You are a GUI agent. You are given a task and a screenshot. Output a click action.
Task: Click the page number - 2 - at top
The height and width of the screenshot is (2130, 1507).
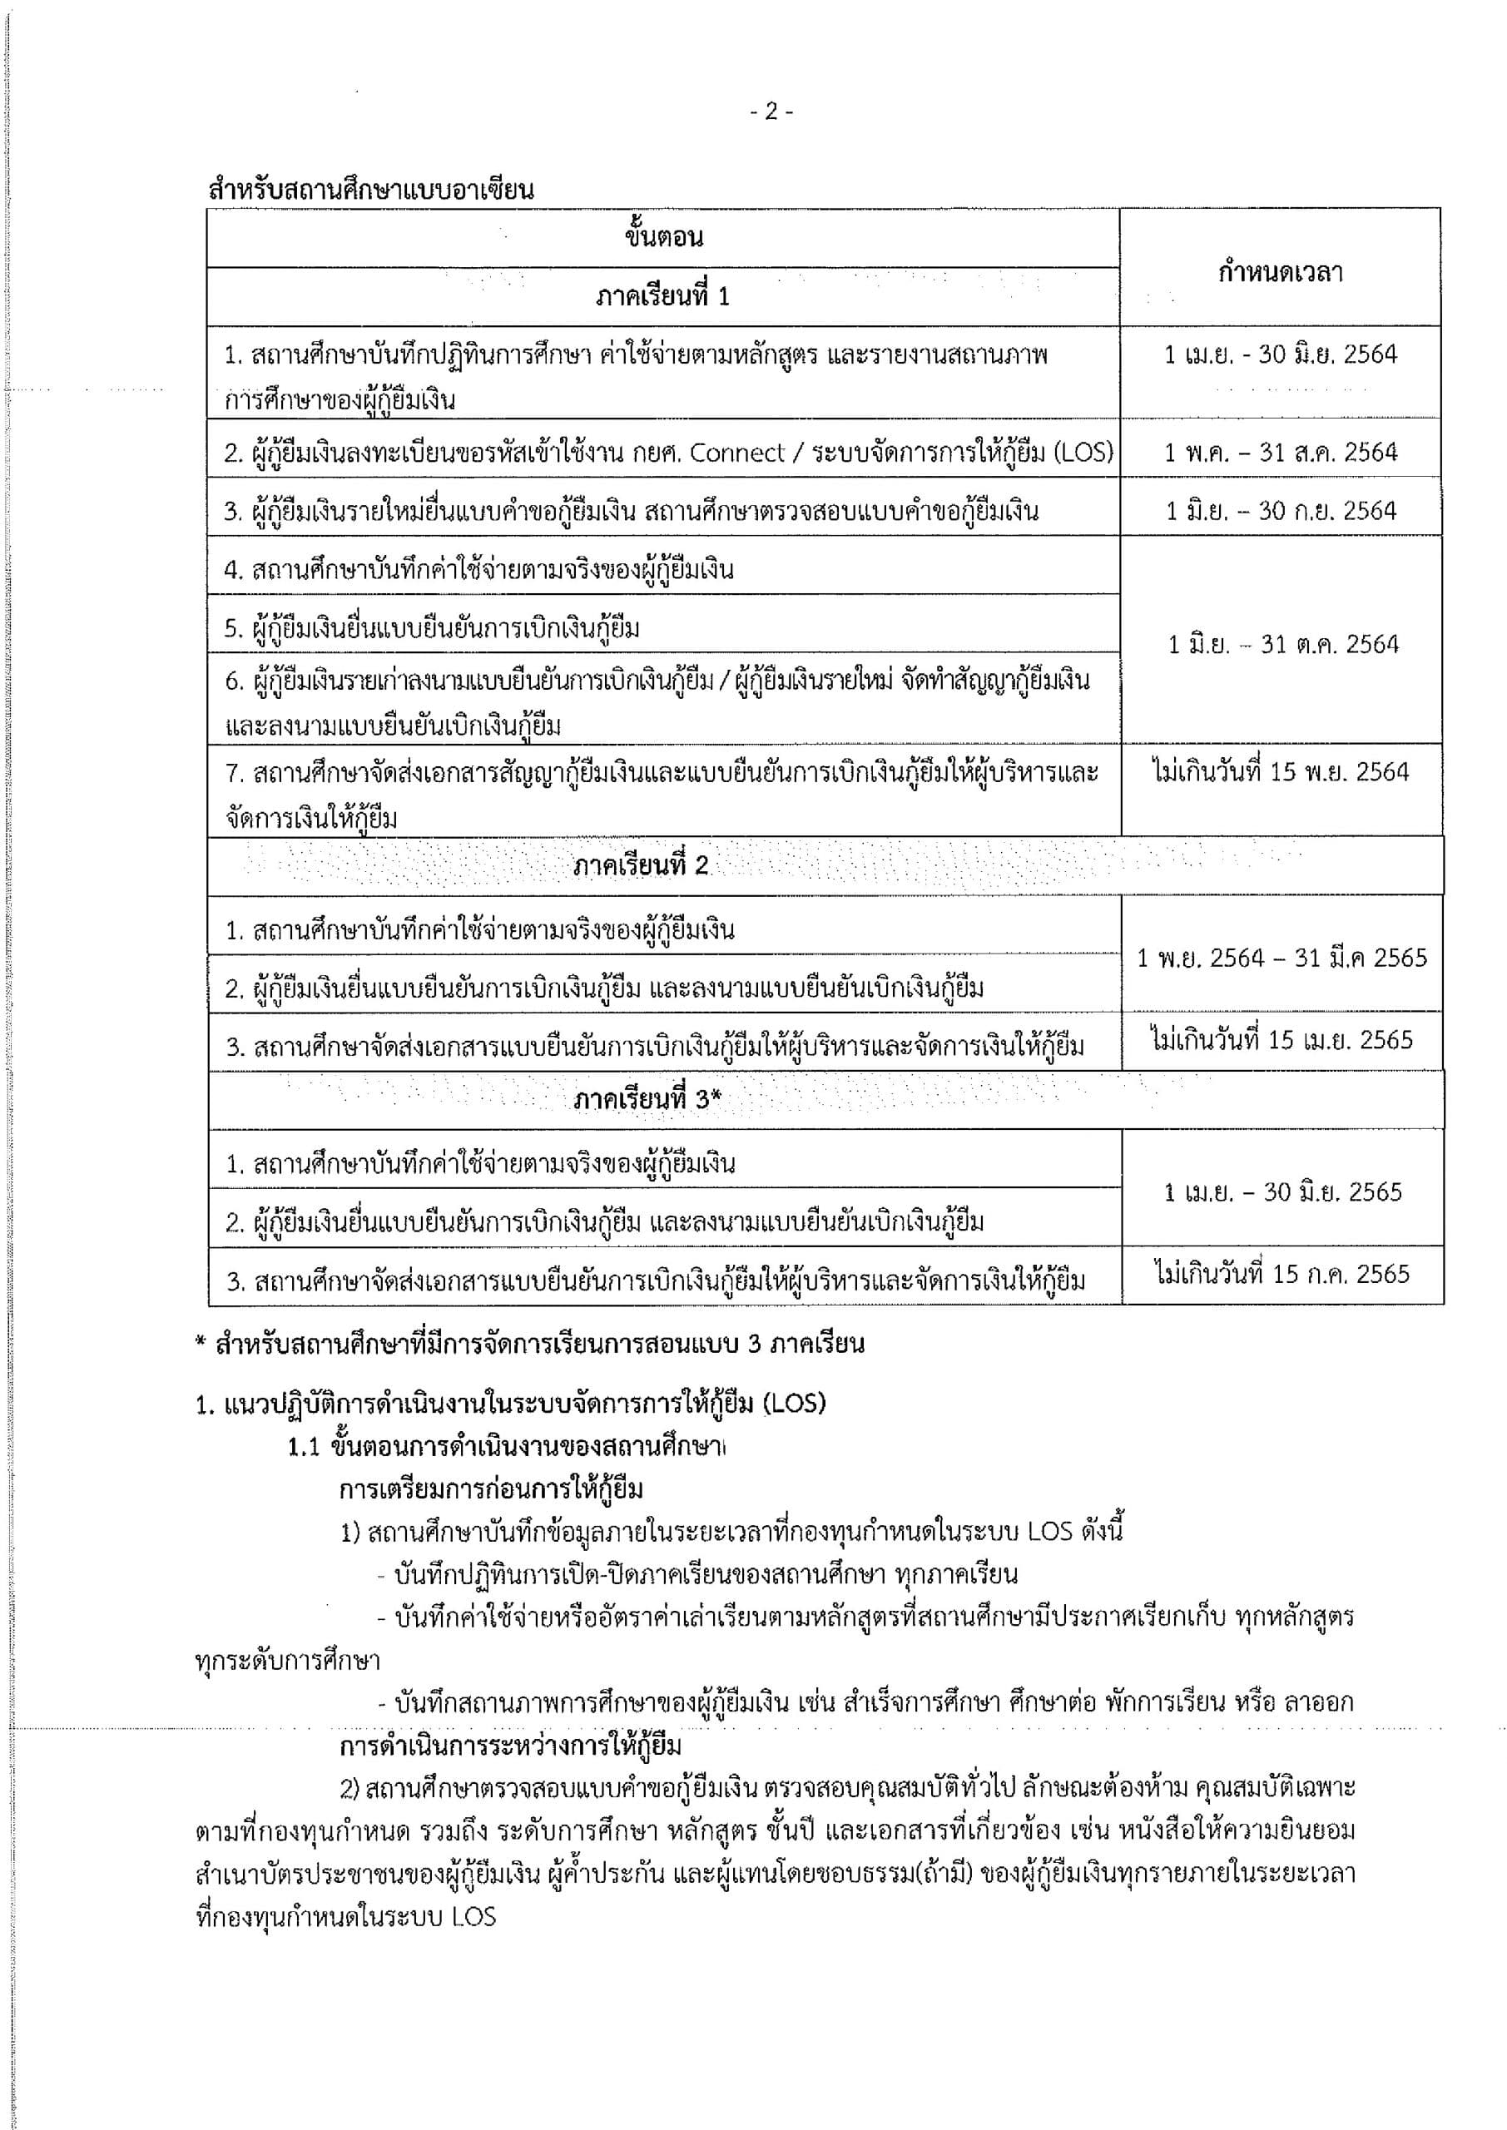(x=771, y=112)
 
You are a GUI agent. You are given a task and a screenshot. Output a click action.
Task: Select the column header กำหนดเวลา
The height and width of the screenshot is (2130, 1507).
(x=1280, y=273)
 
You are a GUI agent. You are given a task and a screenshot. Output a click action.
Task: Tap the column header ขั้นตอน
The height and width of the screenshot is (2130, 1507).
(x=662, y=237)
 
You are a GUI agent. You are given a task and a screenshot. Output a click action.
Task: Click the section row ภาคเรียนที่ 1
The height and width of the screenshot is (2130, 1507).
(x=662, y=297)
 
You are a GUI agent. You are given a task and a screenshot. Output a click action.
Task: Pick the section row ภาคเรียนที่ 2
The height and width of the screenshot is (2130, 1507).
(x=640, y=865)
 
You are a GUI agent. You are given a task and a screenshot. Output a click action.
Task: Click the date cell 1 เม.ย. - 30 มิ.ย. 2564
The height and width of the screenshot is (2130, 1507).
(x=1281, y=354)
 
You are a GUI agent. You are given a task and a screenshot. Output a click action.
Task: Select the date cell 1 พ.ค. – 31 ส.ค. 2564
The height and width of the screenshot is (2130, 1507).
(x=1281, y=452)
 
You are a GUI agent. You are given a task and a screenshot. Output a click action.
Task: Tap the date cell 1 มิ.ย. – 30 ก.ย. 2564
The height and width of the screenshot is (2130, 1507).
(x=1281, y=510)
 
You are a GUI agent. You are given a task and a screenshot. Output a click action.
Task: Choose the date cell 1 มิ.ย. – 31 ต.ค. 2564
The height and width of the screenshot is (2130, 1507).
(x=1282, y=644)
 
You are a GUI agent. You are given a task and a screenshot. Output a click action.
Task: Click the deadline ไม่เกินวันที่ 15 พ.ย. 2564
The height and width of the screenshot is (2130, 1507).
(x=1281, y=772)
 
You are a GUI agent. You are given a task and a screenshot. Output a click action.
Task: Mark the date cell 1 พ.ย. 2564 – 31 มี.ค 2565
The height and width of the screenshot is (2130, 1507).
(x=1281, y=958)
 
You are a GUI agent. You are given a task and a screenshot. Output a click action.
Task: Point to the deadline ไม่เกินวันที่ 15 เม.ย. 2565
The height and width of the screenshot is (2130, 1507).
(x=1281, y=1040)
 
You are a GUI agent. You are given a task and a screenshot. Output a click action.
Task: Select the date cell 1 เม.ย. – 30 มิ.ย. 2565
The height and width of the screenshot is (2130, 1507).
(x=1282, y=1192)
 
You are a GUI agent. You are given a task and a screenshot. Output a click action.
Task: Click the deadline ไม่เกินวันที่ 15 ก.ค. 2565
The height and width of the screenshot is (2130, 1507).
(x=1281, y=1274)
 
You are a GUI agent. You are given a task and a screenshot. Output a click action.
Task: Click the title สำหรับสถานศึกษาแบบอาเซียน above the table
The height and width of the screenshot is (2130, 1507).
(x=371, y=191)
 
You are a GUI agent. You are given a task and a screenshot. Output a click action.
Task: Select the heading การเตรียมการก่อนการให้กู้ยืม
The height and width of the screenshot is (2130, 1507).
(x=491, y=1490)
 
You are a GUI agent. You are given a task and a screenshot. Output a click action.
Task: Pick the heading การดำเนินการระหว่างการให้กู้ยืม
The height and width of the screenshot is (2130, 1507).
(x=510, y=1746)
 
